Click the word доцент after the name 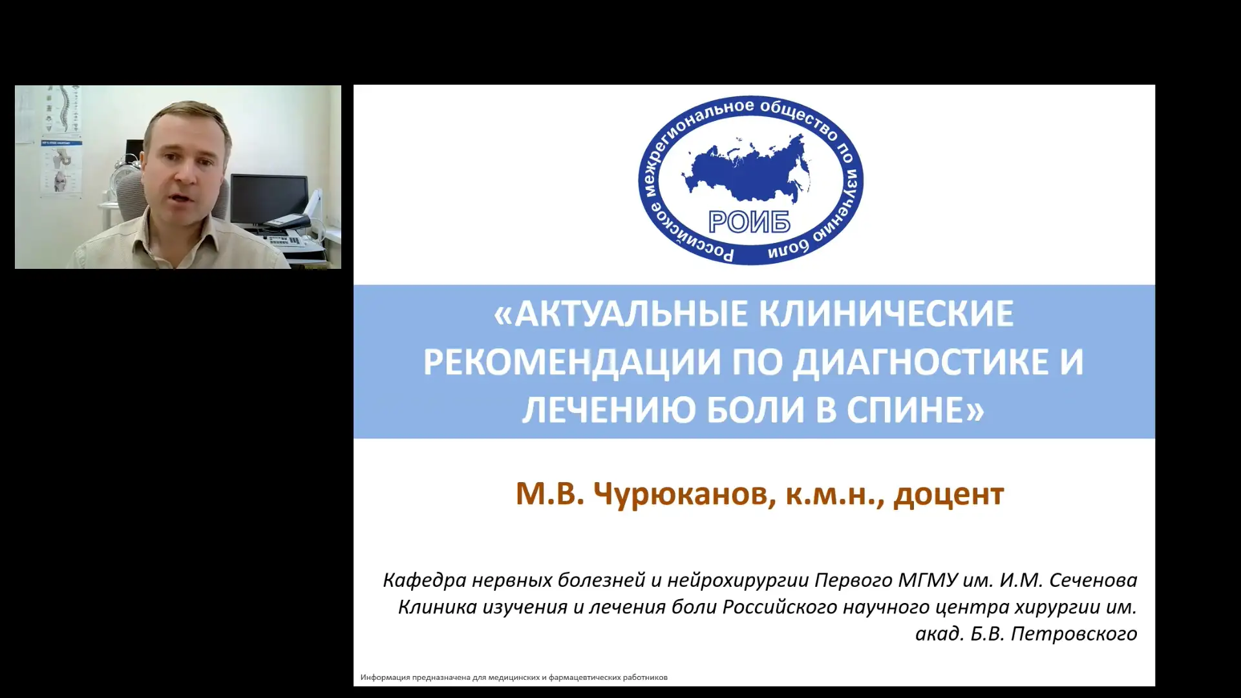pos(948,494)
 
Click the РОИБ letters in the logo pos(749,222)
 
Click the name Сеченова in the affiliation pos(1093,580)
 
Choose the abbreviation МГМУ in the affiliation pos(928,580)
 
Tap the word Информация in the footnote pos(385,677)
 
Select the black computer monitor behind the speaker pos(269,197)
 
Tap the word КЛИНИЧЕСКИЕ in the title pos(886,315)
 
